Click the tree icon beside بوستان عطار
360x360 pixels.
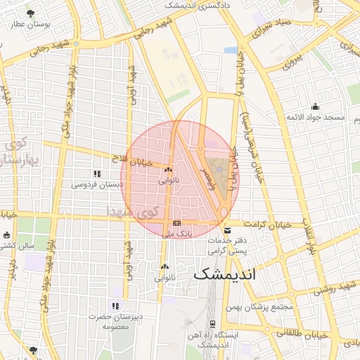30,13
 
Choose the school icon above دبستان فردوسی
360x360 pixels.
96,174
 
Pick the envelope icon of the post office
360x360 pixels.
226,230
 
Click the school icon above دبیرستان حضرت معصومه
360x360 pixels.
116,306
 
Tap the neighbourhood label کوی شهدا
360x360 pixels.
134,211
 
